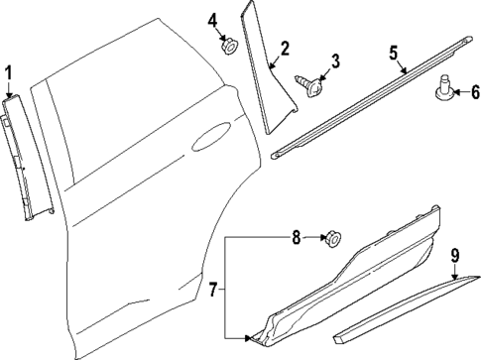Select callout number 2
pyautogui.click(x=285, y=48)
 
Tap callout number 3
pyautogui.click(x=334, y=61)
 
